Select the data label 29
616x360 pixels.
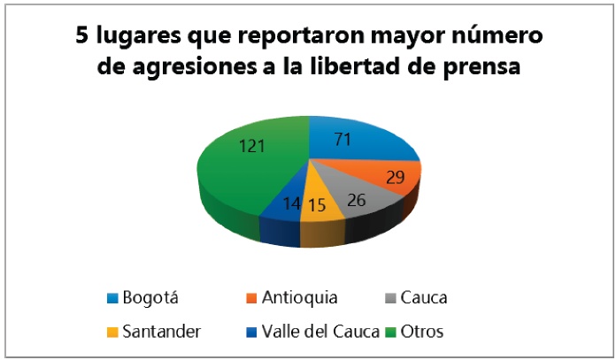(x=394, y=178)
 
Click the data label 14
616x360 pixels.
(x=290, y=205)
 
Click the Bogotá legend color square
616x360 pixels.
(x=112, y=298)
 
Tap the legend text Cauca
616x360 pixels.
(x=422, y=298)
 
